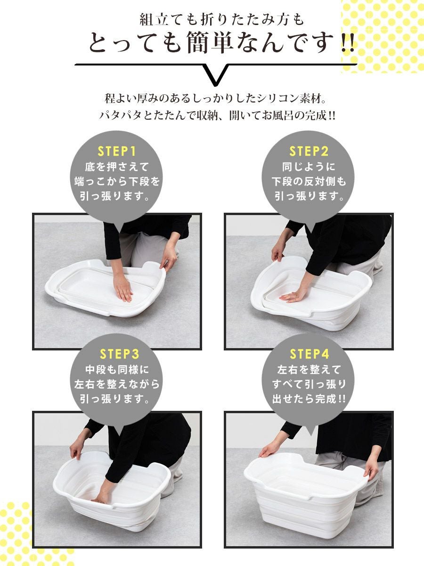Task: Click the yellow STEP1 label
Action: tap(116, 151)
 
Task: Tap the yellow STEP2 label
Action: tap(309, 151)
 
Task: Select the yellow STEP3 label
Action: tap(119, 354)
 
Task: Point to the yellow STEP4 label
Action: tap(310, 354)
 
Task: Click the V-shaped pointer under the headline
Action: tap(214, 75)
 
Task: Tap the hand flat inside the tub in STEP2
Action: tap(294, 294)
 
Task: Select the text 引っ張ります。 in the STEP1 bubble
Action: tap(115, 197)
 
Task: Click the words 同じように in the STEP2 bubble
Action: tap(309, 167)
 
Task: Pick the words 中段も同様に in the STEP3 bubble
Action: tap(117, 370)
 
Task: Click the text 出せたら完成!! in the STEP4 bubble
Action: tap(309, 400)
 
